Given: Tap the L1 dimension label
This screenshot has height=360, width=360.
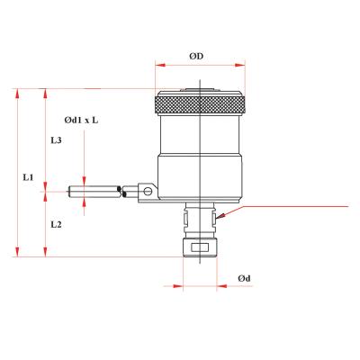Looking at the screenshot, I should [x=28, y=178].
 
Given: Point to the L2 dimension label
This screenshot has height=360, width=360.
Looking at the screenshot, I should [x=57, y=223].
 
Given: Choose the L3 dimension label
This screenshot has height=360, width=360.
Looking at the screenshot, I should [x=57, y=141].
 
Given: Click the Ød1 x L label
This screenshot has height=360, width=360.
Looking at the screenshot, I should [x=82, y=120].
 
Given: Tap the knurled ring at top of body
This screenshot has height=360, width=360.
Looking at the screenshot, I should [x=200, y=105].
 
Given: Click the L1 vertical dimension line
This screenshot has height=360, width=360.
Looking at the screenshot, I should [x=18, y=171].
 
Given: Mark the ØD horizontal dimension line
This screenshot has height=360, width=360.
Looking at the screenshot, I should [x=200, y=65].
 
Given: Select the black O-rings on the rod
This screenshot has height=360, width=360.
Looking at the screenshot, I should [x=120, y=190].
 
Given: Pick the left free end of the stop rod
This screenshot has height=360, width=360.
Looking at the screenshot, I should [x=72, y=190].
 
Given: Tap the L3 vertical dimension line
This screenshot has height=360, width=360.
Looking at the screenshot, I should [x=47, y=139].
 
